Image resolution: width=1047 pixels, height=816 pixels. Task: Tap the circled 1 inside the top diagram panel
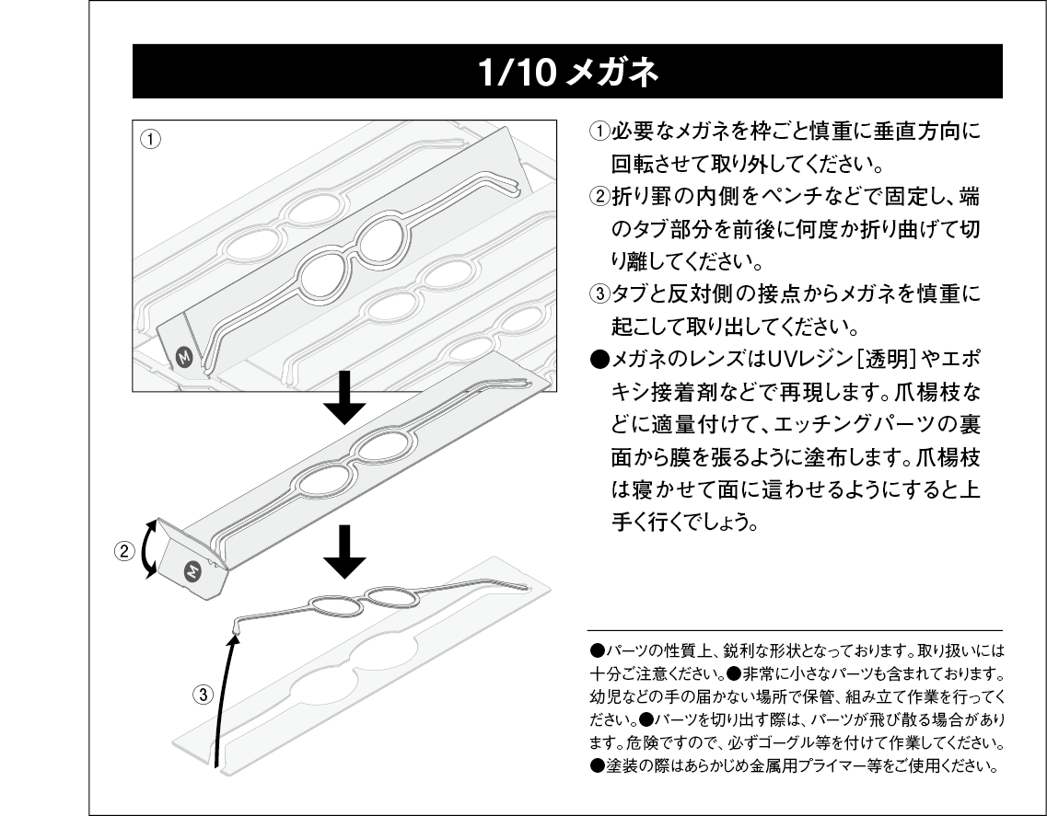tap(151, 140)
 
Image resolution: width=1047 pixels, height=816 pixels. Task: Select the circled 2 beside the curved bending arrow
tap(122, 552)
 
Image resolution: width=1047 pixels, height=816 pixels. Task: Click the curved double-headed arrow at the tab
tap(146, 547)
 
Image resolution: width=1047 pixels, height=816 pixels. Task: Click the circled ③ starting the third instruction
tap(599, 294)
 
